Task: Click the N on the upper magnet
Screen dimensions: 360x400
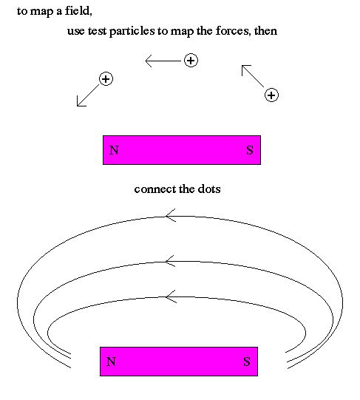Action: [x=114, y=150]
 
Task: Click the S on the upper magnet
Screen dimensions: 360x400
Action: [x=250, y=150]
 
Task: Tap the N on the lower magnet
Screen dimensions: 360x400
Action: [x=111, y=362]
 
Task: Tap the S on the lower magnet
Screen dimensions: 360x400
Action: [x=247, y=362]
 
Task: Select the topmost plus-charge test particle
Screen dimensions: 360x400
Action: [x=191, y=61]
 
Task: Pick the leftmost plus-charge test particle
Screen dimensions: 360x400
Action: [x=106, y=79]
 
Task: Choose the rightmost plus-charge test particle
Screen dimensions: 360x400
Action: [x=271, y=95]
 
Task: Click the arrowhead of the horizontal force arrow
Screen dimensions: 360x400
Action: [x=149, y=61]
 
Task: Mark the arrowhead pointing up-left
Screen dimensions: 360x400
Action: [x=245, y=69]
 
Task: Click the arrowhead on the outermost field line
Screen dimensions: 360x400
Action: [x=170, y=216]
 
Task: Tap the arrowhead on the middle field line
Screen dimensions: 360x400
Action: [x=170, y=261]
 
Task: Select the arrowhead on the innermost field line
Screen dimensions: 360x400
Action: [x=171, y=296]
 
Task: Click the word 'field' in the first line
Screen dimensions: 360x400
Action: [x=78, y=11]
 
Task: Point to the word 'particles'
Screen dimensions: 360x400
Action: [x=132, y=31]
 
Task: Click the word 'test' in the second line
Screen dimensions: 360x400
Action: [x=98, y=31]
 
